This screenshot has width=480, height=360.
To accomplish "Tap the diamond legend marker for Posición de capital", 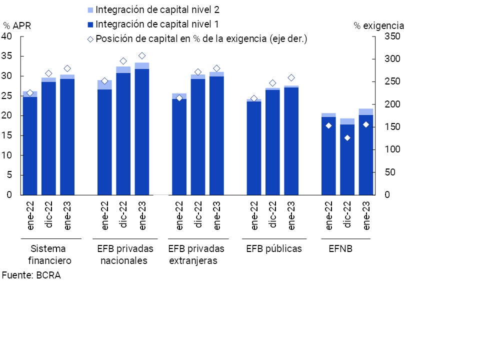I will (90, 39).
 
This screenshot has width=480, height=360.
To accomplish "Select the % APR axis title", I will (17, 25).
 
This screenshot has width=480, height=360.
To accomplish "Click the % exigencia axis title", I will (379, 25).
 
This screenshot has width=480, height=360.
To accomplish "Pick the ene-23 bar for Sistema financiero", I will (67, 135).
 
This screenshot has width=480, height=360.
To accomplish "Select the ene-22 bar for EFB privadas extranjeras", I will (179, 145).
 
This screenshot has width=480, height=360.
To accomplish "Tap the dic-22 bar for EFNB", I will (347, 157).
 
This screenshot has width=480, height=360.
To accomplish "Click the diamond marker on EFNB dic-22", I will (347, 138).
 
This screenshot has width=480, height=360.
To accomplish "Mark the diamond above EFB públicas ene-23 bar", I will (291, 78).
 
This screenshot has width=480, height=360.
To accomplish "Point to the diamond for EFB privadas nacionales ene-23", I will (142, 56).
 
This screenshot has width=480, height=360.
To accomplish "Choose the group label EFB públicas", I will (274, 248).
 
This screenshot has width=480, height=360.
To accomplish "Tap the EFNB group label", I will (340, 248).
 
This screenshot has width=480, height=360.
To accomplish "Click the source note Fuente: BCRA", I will (31, 275).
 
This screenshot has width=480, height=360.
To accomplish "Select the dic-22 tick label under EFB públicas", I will (273, 215).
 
